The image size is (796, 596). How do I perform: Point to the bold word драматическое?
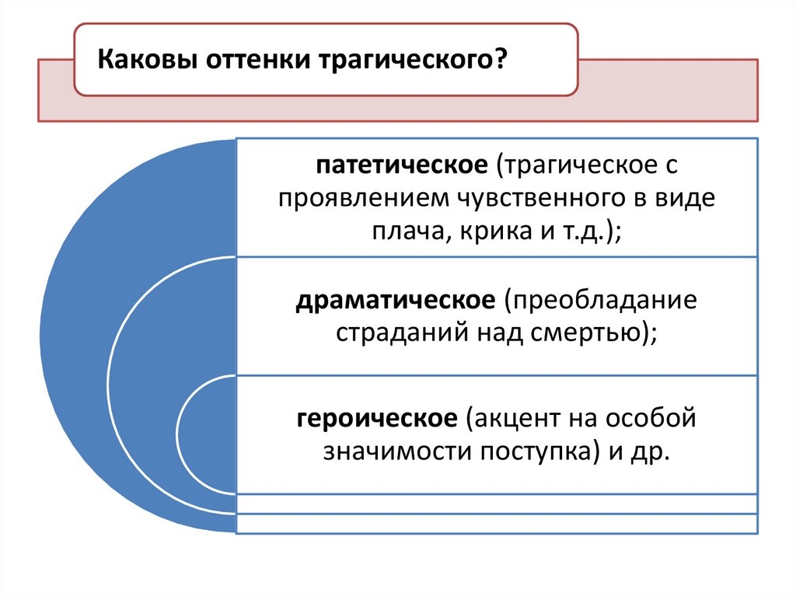[395, 300]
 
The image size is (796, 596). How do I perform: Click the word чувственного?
[522, 198]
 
